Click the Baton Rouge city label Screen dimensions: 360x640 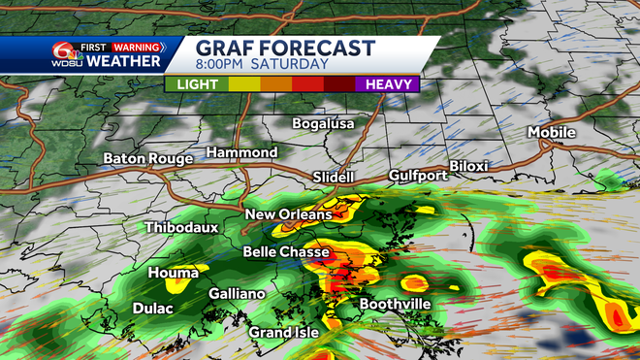click(149, 158)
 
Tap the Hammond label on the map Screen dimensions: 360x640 click(241, 152)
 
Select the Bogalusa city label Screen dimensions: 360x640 click(324, 123)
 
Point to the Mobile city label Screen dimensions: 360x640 click(552, 132)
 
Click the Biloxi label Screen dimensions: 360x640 click(468, 166)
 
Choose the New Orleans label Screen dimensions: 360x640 click(288, 213)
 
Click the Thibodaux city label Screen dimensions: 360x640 click(181, 227)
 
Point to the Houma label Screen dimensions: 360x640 click(174, 274)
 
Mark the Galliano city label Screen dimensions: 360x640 click(237, 293)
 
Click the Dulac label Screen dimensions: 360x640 click(153, 309)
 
